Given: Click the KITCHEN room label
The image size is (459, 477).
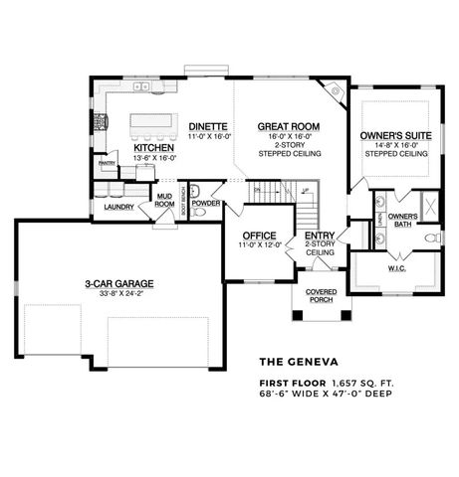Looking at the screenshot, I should [153, 148].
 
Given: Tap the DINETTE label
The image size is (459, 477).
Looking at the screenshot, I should [209, 127].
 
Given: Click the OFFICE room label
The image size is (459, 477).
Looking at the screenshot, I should [258, 235].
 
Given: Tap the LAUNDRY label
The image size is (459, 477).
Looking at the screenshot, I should [118, 207].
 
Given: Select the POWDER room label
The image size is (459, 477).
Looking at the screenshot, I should [206, 203].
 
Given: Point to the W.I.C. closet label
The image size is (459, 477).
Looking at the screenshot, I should [396, 268].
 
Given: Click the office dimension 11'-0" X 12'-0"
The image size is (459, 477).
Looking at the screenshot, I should [258, 245].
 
